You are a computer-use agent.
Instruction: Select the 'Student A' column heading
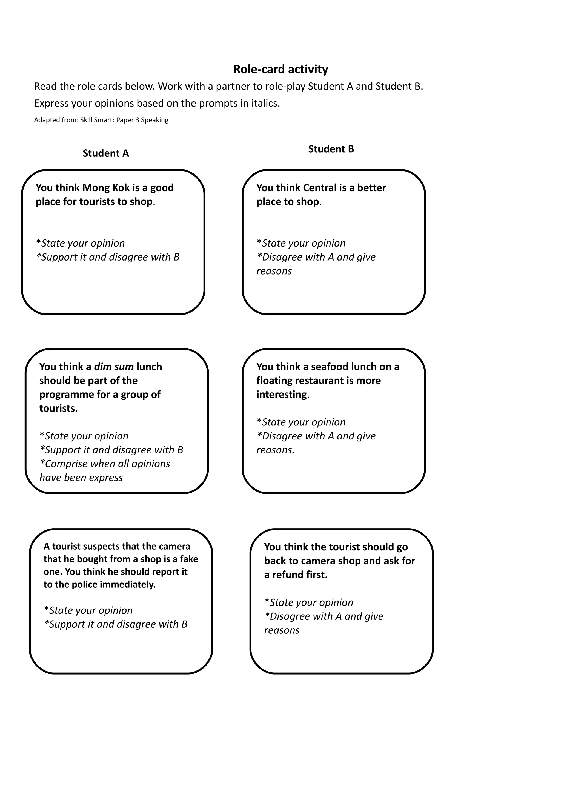click(x=105, y=153)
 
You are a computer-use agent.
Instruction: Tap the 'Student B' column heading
click(x=331, y=149)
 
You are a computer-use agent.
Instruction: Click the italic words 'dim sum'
click(x=114, y=367)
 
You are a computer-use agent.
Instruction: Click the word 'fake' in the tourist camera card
click(x=189, y=559)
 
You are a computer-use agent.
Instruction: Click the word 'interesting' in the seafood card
click(x=281, y=395)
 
